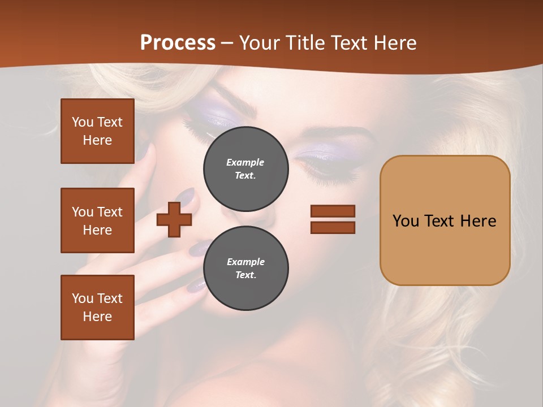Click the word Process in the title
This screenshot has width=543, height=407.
(x=178, y=42)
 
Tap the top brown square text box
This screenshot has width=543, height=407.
(x=97, y=131)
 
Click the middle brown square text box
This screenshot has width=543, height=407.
(x=97, y=220)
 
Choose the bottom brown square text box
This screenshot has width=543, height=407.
(x=97, y=308)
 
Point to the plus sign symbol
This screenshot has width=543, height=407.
(x=174, y=219)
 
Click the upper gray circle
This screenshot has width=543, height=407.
(x=246, y=169)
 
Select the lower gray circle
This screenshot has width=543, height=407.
(x=246, y=269)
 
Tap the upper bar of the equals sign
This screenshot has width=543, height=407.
(x=333, y=211)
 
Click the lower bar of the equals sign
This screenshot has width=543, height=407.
(x=333, y=227)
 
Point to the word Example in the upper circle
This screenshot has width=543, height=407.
(x=245, y=162)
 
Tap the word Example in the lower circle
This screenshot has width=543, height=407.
(x=245, y=262)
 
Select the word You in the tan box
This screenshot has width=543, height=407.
(x=406, y=220)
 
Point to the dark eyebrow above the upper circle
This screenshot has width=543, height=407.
(x=238, y=93)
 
